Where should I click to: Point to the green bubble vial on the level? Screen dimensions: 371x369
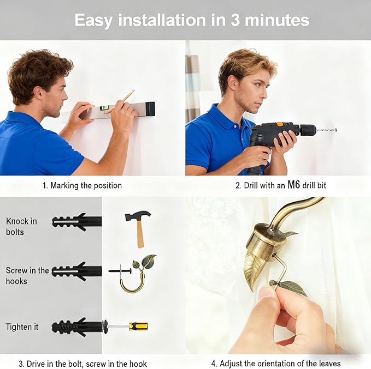point(104,108)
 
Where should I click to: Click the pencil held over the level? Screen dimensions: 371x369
point(120,101)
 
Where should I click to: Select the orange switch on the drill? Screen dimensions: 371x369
point(280,124)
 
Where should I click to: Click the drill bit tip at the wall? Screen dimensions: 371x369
point(335,129)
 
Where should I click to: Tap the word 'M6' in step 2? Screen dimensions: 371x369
point(293,185)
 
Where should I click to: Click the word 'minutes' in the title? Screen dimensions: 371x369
point(277,20)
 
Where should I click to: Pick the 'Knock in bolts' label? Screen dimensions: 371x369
point(21,227)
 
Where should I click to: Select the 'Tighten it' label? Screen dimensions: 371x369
point(22,326)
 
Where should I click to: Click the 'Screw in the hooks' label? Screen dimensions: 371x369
point(27,275)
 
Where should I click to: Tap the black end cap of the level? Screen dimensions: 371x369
point(150,109)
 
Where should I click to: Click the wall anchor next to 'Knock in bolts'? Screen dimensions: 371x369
point(77,222)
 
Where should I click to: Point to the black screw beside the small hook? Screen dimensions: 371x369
point(120,271)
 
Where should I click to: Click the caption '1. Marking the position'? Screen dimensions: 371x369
point(82,185)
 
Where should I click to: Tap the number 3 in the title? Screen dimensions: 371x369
point(235,20)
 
